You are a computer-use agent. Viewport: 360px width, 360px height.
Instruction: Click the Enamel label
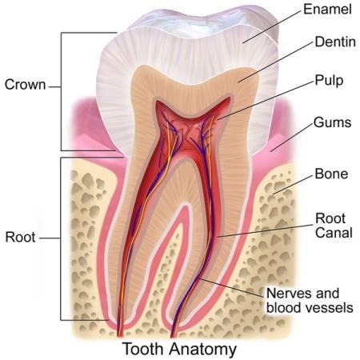327,10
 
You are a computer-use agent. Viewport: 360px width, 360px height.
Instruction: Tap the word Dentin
335,42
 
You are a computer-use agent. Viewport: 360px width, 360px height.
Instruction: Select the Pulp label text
329,81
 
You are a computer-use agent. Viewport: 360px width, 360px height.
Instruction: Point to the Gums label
332,122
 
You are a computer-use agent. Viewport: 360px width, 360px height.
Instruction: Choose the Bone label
331,174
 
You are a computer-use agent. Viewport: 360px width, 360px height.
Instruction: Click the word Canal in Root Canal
334,233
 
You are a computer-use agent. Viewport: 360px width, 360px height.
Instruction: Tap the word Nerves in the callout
286,294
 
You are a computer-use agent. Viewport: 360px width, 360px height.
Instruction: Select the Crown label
26,85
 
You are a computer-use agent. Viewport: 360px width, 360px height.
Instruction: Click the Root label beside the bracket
20,237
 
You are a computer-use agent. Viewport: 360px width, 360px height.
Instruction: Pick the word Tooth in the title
142,349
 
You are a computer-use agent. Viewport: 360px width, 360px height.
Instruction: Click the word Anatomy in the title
202,350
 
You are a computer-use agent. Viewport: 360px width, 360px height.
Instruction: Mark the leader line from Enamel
272,26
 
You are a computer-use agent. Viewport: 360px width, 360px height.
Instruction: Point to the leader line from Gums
291,138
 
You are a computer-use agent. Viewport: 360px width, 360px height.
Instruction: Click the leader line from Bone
293,185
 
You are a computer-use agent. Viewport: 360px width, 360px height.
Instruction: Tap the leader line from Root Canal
266,230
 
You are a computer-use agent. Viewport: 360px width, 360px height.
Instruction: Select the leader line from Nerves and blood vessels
232,287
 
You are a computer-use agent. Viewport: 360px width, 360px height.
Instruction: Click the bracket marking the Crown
61,91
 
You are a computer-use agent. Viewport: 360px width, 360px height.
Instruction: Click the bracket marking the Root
61,238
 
